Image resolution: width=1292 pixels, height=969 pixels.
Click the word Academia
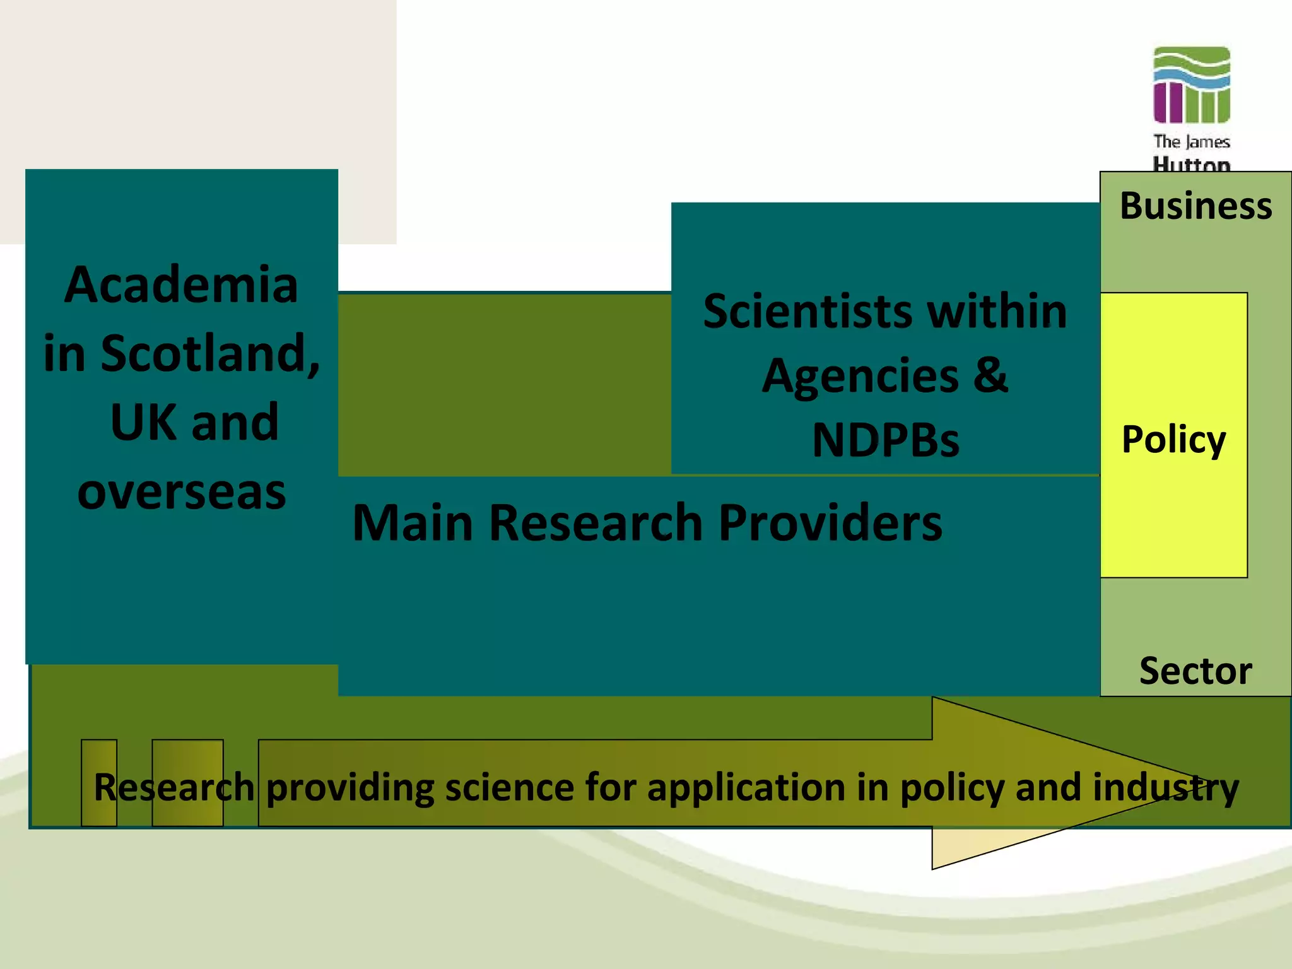pyautogui.click(x=181, y=285)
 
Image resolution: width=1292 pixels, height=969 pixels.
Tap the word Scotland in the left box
pyautogui.click(x=209, y=353)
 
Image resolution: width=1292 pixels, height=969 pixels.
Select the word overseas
pyautogui.click(x=182, y=491)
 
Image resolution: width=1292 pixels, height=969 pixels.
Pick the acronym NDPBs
pyautogui.click(x=886, y=440)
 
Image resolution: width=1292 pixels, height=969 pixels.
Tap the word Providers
pyautogui.click(x=830, y=522)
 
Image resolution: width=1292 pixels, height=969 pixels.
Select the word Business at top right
pyautogui.click(x=1195, y=206)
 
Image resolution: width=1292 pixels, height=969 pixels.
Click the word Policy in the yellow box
pyautogui.click(x=1173, y=439)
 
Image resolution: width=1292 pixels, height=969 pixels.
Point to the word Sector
pyautogui.click(x=1195, y=670)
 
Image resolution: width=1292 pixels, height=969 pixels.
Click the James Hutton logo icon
pyautogui.click(x=1192, y=85)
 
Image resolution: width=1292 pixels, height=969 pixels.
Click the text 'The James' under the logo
pyautogui.click(x=1192, y=142)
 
